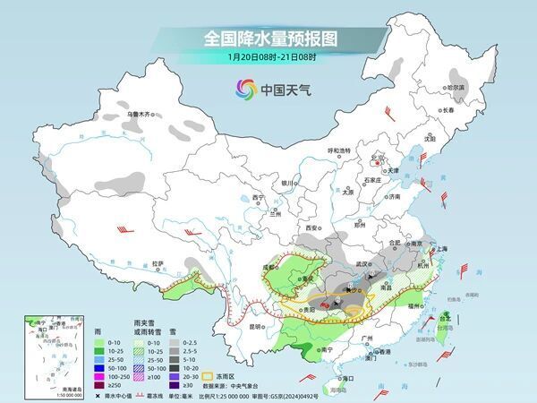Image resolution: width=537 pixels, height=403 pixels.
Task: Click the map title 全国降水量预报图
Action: pos(268,38)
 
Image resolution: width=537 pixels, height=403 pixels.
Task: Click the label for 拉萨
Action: pos(158,263)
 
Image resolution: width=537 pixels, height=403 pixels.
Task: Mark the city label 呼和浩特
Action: pos(342,150)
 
